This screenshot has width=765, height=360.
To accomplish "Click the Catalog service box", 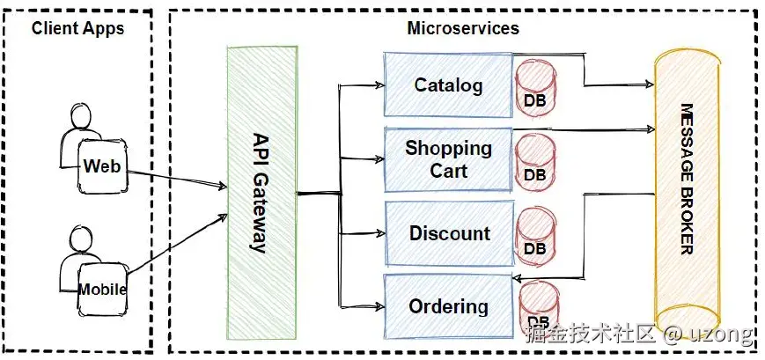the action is (448, 84).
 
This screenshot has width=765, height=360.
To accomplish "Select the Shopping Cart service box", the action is (448, 159).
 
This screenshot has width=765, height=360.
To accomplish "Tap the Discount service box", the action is (449, 233).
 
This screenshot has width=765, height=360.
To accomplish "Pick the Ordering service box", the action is (449, 306).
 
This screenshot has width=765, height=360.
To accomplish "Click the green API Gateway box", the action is (262, 193).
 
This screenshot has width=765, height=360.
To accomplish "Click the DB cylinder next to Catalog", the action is (536, 88).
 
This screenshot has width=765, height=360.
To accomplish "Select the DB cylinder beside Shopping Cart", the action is (536, 162).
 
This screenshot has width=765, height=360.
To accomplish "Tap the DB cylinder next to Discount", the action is (536, 236).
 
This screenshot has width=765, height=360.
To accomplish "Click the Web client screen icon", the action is (101, 166).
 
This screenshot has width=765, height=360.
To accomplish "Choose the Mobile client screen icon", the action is (102, 290).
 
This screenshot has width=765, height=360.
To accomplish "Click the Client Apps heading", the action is (77, 28).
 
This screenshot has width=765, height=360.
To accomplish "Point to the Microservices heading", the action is (463, 28).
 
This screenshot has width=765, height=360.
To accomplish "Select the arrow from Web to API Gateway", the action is (177, 178).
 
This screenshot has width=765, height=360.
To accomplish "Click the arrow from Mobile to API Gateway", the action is (178, 244).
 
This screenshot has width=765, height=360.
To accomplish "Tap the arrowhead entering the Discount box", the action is (379, 233).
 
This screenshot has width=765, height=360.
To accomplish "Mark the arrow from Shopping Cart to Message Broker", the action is (584, 129).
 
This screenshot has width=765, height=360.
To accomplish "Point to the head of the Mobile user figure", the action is (80, 240).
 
